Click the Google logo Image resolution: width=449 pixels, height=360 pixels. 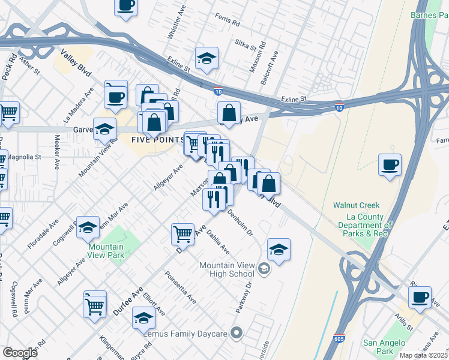20,353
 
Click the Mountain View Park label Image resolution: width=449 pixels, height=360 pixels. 106,251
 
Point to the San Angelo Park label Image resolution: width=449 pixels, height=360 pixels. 387,347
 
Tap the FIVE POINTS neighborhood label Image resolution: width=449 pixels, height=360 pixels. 157,139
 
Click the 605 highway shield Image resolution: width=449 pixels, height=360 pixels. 340,339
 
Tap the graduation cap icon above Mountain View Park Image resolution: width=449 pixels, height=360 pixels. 88,227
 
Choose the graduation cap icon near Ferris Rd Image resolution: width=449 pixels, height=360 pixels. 206,58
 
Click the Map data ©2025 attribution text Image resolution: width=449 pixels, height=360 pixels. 423,355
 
